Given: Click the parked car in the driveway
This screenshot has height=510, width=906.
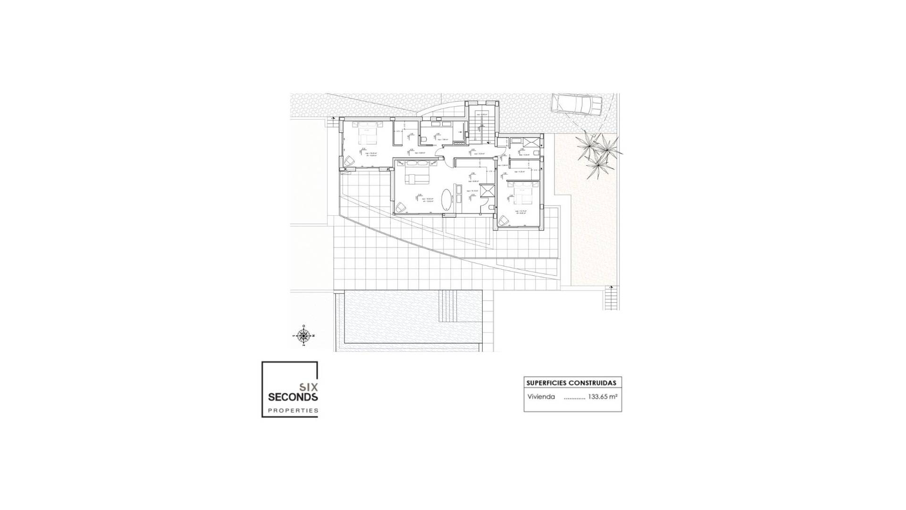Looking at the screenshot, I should (577, 104).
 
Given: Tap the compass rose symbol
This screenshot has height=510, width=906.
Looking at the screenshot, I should (304, 336).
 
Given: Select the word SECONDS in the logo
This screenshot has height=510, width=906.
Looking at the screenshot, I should (293, 397).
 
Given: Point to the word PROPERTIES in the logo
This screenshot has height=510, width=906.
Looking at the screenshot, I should (293, 411).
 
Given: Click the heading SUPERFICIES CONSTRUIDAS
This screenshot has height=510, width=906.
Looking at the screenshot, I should (571, 382).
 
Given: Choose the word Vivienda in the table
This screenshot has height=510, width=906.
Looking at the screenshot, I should (541, 397).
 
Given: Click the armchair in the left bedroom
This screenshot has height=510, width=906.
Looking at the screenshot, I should (349, 161).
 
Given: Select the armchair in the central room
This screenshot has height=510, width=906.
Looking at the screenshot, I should (401, 207).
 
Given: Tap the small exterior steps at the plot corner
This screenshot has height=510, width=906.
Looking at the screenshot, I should (611, 298).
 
